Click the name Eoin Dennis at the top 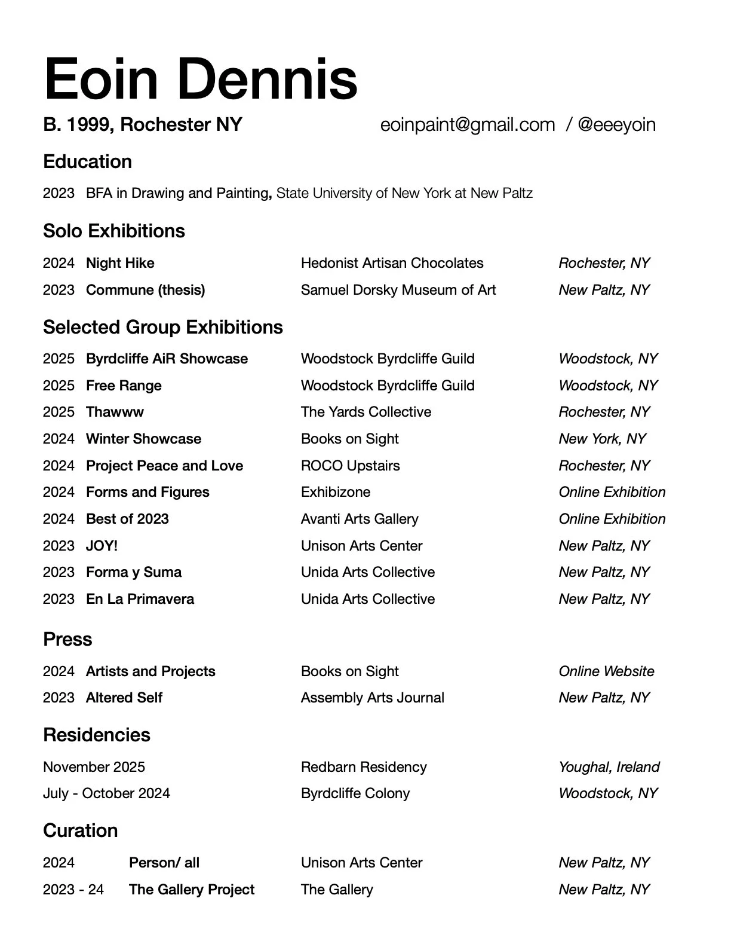click(x=201, y=79)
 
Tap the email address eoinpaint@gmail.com click(x=468, y=124)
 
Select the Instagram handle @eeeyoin click(x=616, y=124)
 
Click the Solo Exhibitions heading click(x=114, y=231)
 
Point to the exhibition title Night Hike click(x=120, y=263)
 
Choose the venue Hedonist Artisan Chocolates click(x=392, y=263)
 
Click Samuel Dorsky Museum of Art click(x=398, y=290)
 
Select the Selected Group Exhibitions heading click(x=163, y=327)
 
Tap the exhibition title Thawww click(x=115, y=412)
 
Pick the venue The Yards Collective click(x=365, y=412)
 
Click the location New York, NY click(x=602, y=439)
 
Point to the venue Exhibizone click(x=336, y=492)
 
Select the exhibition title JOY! click(x=102, y=546)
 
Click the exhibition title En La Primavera click(x=140, y=599)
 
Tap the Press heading click(x=67, y=639)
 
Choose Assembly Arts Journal click(x=373, y=698)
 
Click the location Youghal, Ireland click(x=609, y=767)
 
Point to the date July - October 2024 click(x=106, y=793)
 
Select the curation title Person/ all click(x=164, y=863)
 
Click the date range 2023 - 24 click(x=73, y=890)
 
